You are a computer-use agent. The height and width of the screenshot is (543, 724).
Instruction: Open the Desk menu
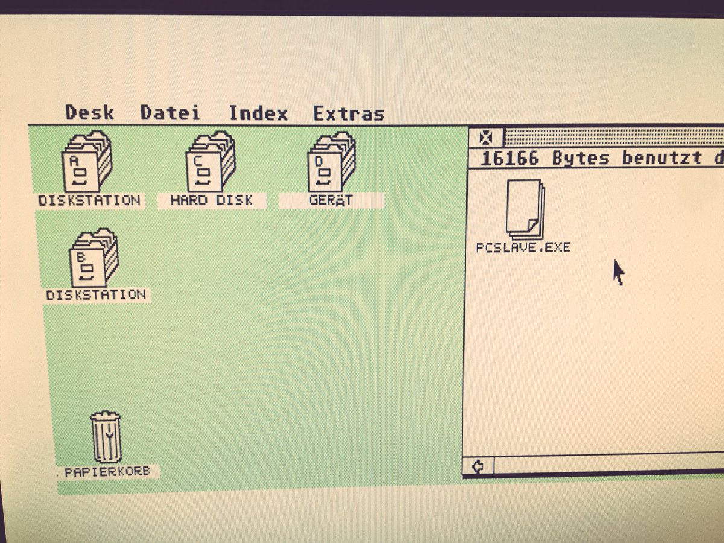pos(89,113)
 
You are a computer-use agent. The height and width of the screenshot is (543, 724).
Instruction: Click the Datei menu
pos(170,113)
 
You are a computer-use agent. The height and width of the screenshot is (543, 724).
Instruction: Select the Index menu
pos(258,113)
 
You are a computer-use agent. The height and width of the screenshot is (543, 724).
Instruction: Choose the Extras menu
pos(348,113)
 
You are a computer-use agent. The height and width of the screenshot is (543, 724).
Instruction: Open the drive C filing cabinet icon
pos(211,162)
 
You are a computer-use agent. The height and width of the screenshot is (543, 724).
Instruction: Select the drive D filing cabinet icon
pos(331,162)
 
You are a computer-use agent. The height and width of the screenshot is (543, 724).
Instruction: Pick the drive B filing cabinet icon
pos(94,258)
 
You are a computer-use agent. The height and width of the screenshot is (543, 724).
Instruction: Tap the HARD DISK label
pos(211,200)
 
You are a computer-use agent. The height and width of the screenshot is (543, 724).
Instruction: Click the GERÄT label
pos(331,200)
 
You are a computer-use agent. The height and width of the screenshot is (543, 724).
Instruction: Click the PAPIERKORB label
pos(107,472)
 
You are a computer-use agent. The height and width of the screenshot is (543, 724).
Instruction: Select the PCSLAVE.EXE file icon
pos(525,208)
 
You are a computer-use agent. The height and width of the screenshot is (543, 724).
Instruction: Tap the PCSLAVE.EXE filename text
pos(522,247)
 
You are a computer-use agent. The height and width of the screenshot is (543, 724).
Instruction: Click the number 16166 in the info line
pos(510,159)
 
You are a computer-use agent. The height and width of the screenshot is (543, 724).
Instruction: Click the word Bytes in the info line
pos(580,159)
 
